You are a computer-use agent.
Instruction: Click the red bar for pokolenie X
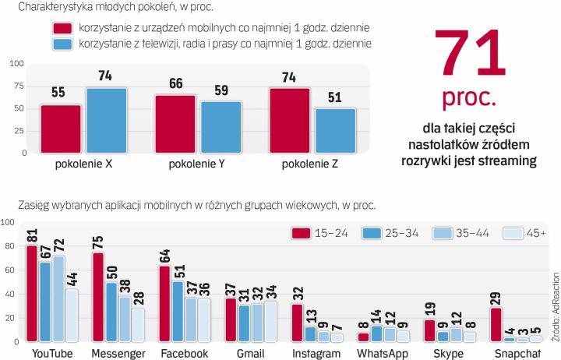click(x=61, y=129)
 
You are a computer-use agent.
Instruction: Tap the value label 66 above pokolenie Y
click(x=175, y=84)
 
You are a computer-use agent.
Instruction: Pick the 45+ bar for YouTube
click(x=71, y=315)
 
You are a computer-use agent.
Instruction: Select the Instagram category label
click(x=316, y=353)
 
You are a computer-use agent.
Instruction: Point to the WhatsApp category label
click(x=381, y=353)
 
